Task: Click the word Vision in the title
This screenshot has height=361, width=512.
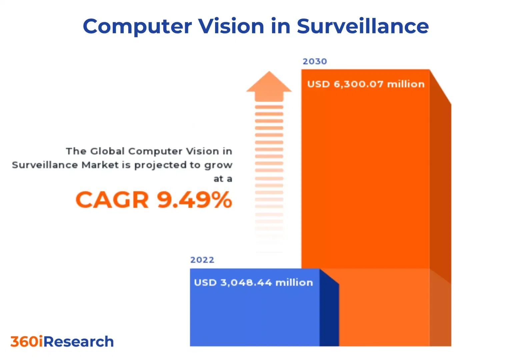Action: pos(231,26)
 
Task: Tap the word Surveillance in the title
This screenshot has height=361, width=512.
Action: pos(362,26)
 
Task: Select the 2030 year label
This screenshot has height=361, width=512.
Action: pos(315,61)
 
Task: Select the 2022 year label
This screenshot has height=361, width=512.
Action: pos(202,260)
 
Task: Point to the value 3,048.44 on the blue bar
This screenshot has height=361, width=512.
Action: pos(246,283)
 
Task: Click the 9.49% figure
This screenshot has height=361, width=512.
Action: pos(194,200)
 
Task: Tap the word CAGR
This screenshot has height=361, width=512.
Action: pos(112,200)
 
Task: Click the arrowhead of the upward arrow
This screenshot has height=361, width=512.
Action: pos(269,83)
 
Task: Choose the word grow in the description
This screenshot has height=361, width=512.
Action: pos(218,165)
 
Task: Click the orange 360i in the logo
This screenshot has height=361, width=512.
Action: pos(27,342)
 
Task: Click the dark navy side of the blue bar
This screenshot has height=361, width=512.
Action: pos(329,313)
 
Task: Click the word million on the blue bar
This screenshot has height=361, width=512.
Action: pos(294,283)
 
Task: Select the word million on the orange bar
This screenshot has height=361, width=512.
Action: pos(406,84)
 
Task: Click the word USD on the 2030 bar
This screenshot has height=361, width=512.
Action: pos(318,84)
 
